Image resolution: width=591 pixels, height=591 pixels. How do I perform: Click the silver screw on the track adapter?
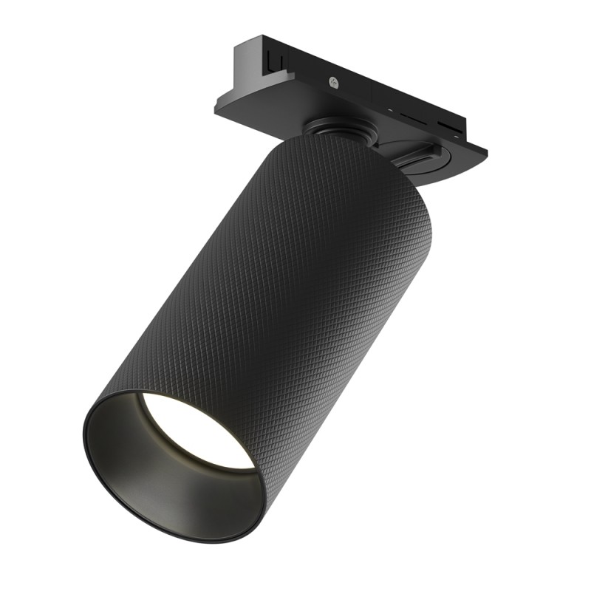point(335,83)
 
